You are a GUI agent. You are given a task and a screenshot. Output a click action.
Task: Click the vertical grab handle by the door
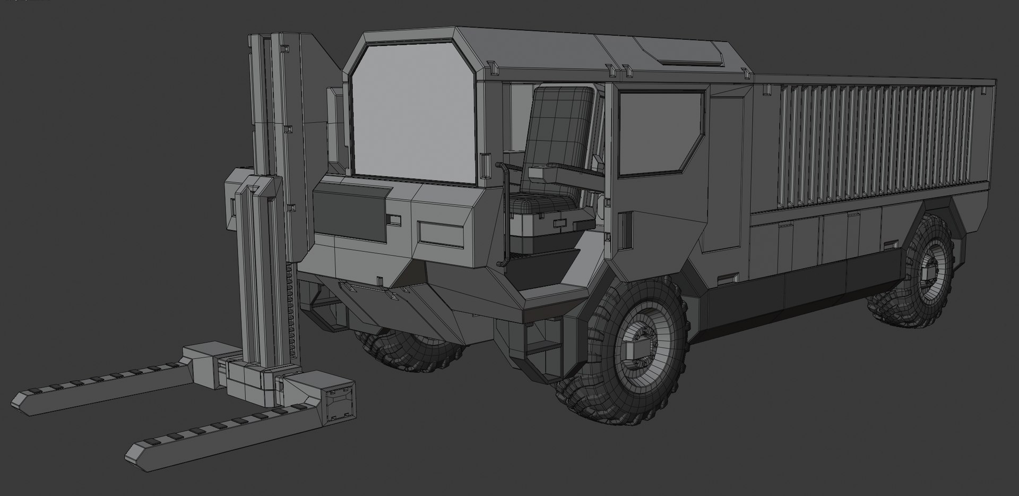click(x=502, y=212)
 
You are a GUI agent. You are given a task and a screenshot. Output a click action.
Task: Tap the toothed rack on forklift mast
click(x=289, y=313)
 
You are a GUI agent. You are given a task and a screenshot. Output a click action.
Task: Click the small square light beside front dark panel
click(x=395, y=219)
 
